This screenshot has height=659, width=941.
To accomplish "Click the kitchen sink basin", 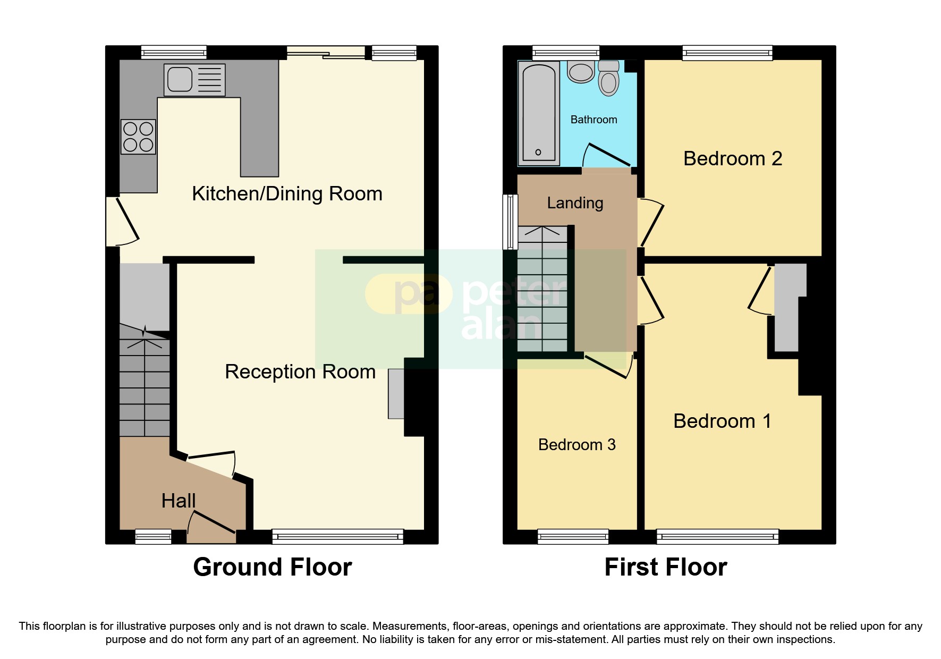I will pos(180,80).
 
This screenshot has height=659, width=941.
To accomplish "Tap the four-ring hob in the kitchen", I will pos(138,137).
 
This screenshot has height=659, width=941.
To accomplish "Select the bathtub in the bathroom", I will pos(539,112).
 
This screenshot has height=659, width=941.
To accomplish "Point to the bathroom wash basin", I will pos(581,72).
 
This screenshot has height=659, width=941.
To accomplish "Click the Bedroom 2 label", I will pos(732,158).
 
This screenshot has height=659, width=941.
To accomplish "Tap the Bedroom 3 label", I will pos(577,444).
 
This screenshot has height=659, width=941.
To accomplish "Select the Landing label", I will pos(575,202).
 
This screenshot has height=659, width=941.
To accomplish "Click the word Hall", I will pos(179,501).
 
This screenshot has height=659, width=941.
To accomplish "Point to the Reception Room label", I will pos(300,371).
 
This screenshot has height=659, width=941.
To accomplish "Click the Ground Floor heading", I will pos(272,567).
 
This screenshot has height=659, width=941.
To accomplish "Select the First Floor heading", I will pos(665,567).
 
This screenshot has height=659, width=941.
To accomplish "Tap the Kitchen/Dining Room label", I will pos(287,193).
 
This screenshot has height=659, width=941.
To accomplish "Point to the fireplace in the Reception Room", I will pos(396,394).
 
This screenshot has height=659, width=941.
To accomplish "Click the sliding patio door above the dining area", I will pos(326,52).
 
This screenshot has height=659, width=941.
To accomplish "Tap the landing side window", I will pos(511,222).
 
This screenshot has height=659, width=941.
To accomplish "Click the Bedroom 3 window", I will pos(573,536).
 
